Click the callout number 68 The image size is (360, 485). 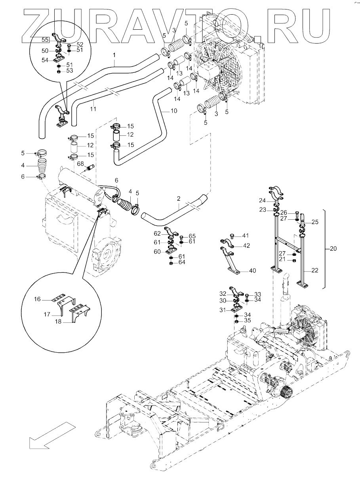click(x=80, y=164)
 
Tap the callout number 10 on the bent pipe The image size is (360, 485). click(x=173, y=111)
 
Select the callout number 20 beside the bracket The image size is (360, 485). click(x=333, y=249)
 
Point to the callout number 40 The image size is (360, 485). click(x=252, y=271)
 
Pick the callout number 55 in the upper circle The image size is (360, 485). click(x=46, y=40)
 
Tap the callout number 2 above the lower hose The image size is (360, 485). click(x=179, y=198)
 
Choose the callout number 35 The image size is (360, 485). click(x=247, y=320)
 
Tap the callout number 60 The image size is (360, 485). click(x=157, y=252)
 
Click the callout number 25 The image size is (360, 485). click(x=315, y=223)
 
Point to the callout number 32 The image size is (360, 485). click(x=223, y=293)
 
